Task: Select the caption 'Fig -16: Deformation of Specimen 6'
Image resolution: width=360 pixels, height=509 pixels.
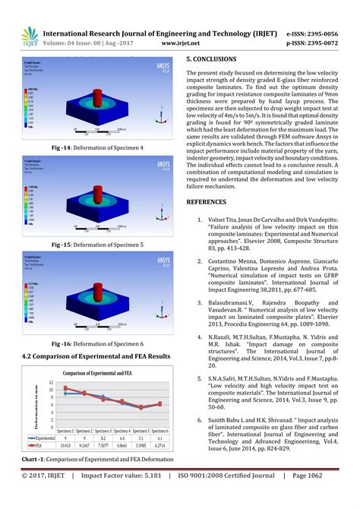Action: [x=98, y=343]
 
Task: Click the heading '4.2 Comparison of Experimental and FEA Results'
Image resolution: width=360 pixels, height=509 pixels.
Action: [x=96, y=356]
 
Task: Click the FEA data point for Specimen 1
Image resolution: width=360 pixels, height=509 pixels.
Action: [x=65, y=388]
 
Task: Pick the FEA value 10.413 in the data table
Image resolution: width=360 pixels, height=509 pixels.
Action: [x=66, y=447]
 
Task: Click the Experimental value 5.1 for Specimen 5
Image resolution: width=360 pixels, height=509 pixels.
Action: [x=140, y=438]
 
